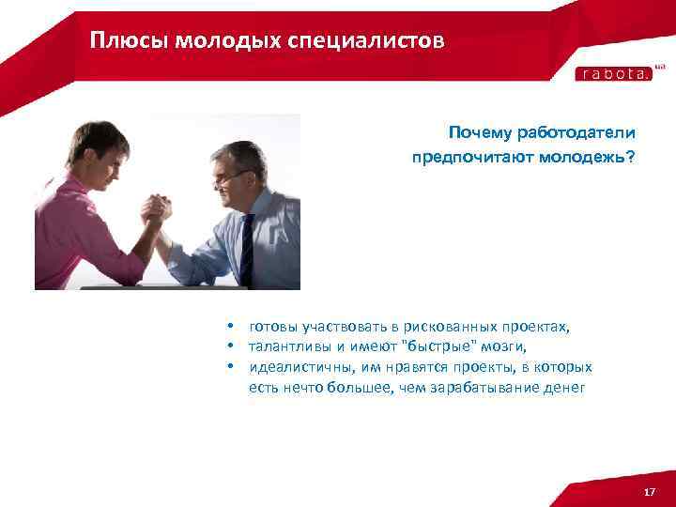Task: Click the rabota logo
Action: point(612,74)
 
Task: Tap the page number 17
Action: point(649,493)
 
